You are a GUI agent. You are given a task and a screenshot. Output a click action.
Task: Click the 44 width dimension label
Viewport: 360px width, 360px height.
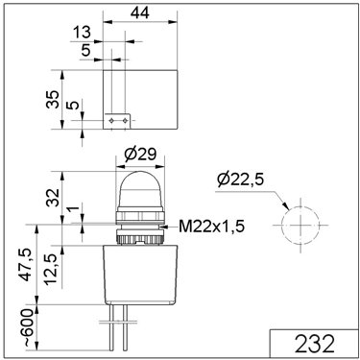click(140, 13)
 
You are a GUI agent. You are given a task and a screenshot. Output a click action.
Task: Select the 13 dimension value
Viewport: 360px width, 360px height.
click(82, 33)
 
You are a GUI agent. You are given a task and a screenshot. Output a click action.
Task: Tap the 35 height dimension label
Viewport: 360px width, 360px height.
click(53, 100)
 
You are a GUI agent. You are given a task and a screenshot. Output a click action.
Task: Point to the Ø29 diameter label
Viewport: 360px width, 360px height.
click(140, 155)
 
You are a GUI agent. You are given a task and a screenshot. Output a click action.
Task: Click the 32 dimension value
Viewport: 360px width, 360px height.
click(53, 198)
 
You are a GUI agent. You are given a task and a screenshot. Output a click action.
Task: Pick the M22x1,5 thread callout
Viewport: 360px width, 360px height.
click(211, 227)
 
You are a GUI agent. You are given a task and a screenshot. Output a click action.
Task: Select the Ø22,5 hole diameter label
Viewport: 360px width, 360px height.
click(240, 180)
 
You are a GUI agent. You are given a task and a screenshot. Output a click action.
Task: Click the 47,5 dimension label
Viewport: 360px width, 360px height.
click(27, 265)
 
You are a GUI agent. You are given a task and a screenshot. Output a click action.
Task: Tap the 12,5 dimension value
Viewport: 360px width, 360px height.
click(51, 270)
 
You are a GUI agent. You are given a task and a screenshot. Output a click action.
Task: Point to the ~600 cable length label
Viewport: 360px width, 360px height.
click(28, 327)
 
